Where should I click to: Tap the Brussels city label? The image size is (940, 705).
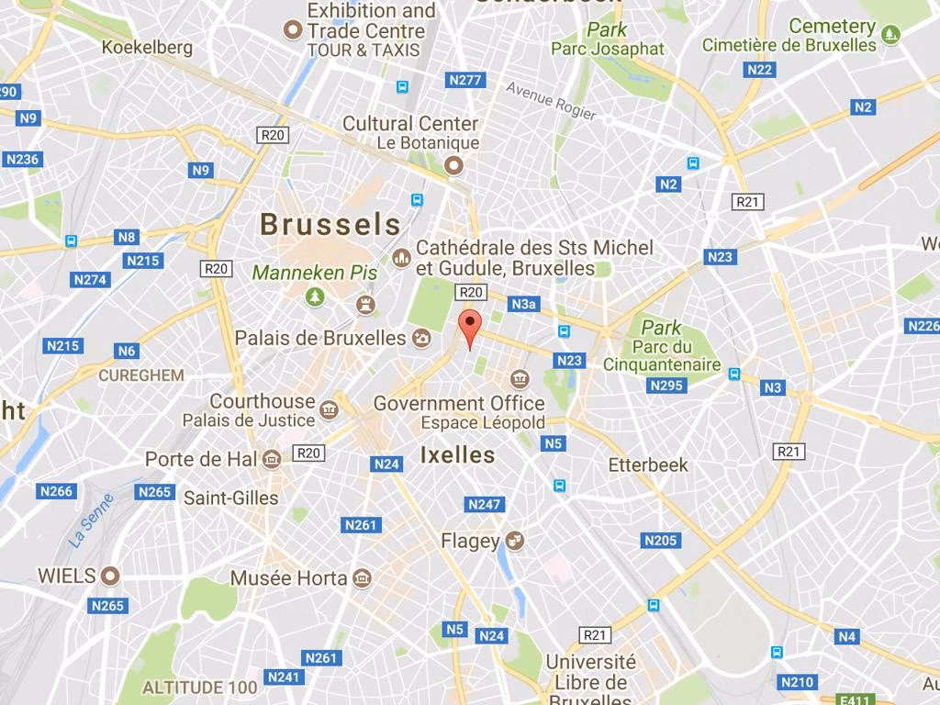coord(330,224)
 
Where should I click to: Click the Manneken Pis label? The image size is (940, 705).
coord(315,273)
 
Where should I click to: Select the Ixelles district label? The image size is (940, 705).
coord(457,454)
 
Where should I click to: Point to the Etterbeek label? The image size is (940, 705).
coord(648,465)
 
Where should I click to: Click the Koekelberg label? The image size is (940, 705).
coord(147,47)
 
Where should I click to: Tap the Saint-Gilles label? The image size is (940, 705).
coord(230,498)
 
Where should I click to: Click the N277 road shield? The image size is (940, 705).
coord(465,80)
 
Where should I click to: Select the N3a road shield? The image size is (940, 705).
coord(524,304)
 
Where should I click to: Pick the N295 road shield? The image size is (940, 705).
coord(666,386)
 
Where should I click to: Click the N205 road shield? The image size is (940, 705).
coord(660,541)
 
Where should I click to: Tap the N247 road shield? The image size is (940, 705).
coord(485,505)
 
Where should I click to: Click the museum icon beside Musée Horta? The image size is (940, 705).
coord(362,578)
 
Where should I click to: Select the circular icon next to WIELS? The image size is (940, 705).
coord(110,576)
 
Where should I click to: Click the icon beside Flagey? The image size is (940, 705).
coord(515,541)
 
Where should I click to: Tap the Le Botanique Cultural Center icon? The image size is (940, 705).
coord(453,166)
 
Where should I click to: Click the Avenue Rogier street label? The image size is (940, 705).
coord(551,101)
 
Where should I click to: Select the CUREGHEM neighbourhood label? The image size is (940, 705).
coord(141,375)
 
